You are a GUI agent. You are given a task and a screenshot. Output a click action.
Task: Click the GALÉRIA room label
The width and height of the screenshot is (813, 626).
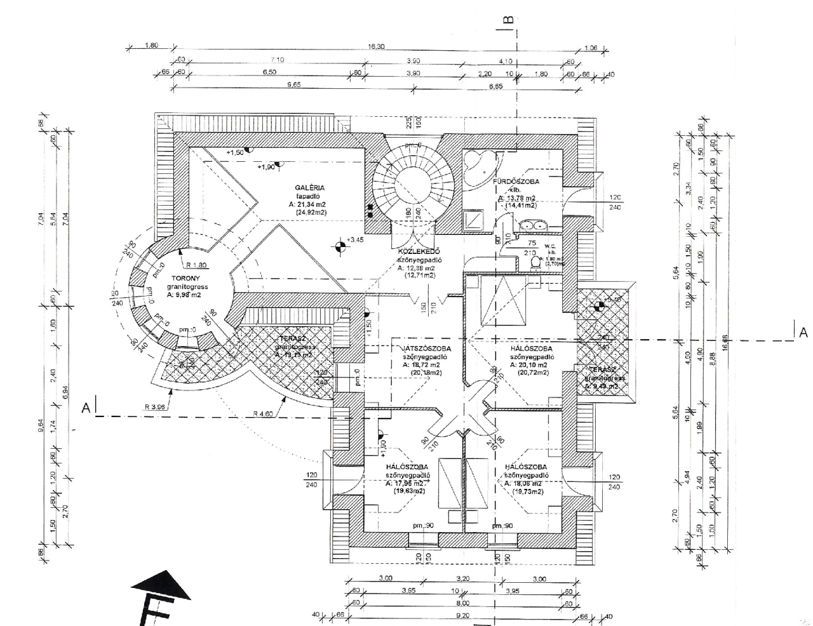[x=309, y=188]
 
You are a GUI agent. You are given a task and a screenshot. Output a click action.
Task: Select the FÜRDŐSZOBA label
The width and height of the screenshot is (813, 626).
[x=516, y=182]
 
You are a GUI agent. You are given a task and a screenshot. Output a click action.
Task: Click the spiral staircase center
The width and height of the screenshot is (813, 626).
[x=413, y=180]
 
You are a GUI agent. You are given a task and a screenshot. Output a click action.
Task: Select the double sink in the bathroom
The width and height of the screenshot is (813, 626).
[x=532, y=225]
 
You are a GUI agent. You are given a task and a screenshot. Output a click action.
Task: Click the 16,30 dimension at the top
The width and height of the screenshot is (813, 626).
[x=376, y=46]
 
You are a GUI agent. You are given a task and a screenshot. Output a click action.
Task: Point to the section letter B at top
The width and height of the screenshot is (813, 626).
[x=508, y=19]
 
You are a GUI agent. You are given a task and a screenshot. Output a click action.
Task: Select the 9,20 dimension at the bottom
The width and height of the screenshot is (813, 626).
[x=462, y=615]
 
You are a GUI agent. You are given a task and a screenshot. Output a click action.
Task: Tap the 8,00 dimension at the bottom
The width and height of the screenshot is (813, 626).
[x=462, y=603]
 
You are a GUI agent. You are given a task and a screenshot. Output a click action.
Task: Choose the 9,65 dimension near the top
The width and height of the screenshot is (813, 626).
[x=293, y=85]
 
